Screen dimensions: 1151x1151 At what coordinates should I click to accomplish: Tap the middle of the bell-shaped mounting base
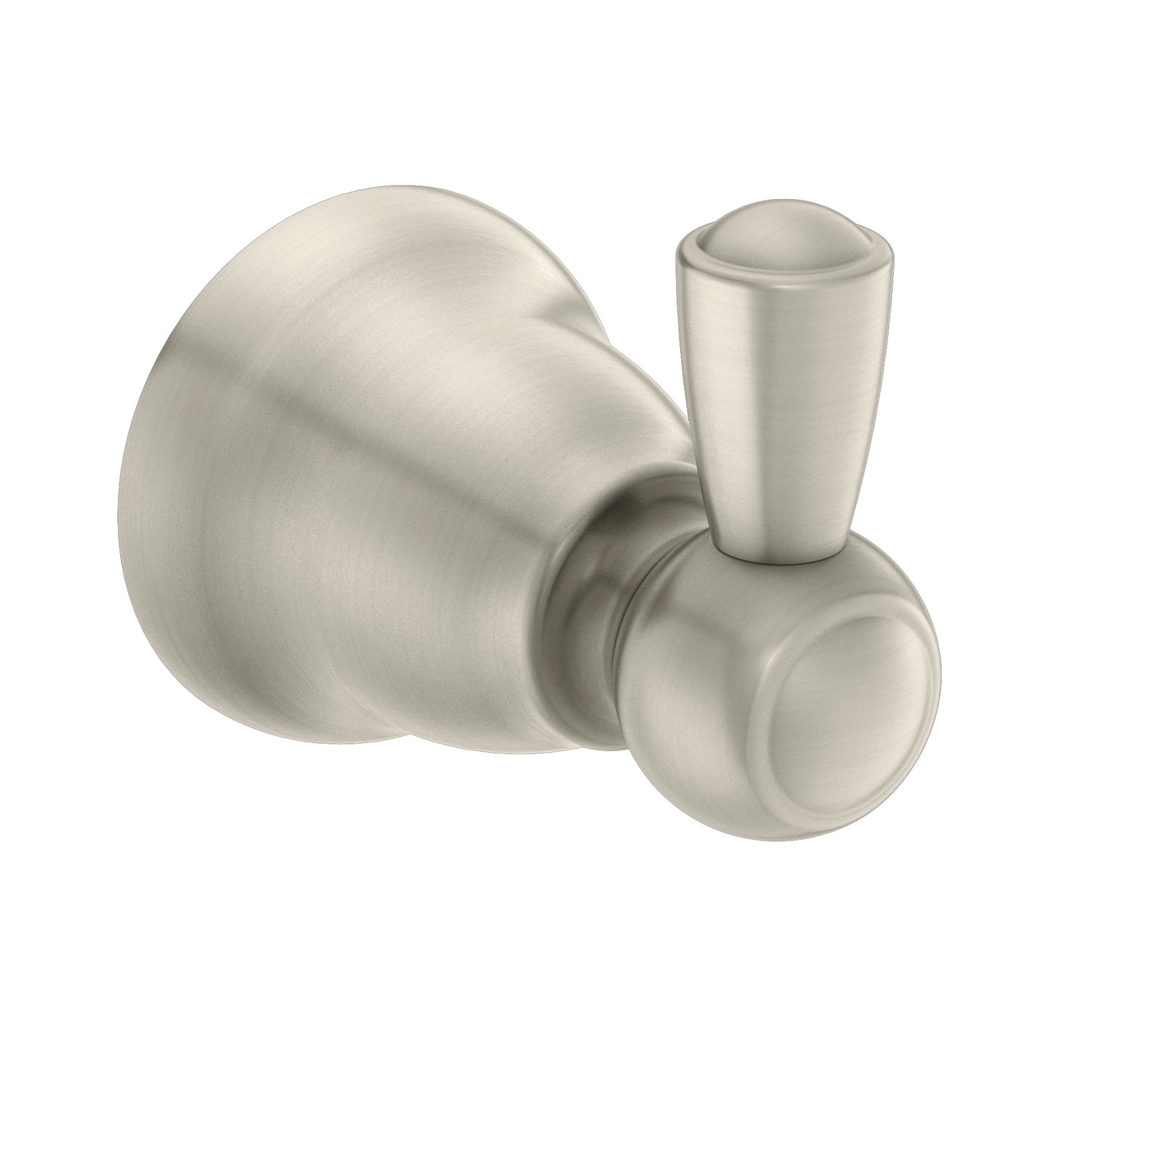[x=358, y=510]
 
